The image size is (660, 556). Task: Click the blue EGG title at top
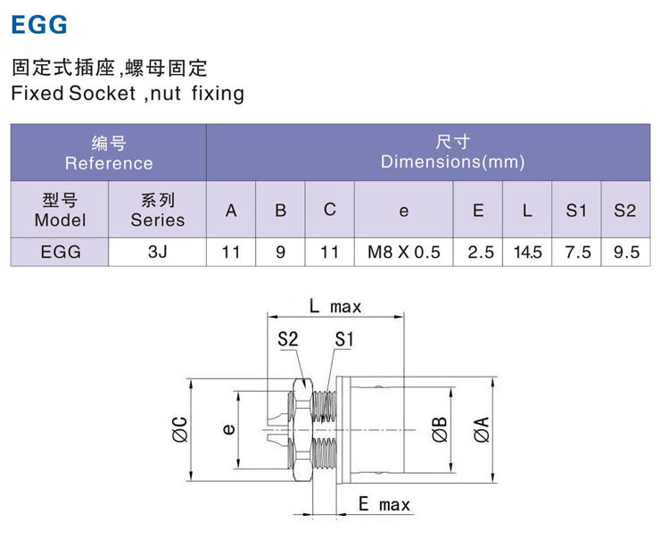pyautogui.click(x=39, y=25)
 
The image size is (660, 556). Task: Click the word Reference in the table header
pyautogui.click(x=109, y=162)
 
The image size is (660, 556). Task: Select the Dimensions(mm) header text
pyautogui.click(x=452, y=162)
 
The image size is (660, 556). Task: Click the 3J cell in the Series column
pyautogui.click(x=157, y=252)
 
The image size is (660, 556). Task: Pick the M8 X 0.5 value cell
pyautogui.click(x=403, y=252)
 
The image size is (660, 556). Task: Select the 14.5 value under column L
pyautogui.click(x=527, y=252)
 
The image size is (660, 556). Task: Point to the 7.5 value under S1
pyautogui.click(x=577, y=252)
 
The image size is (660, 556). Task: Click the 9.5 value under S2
pyautogui.click(x=626, y=252)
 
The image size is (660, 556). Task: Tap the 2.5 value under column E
pyautogui.click(x=478, y=252)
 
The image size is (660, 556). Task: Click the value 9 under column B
pyautogui.click(x=280, y=252)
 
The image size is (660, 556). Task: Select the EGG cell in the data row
pyautogui.click(x=60, y=252)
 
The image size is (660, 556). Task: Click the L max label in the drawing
pyautogui.click(x=335, y=306)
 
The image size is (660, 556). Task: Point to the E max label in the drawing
pyautogui.click(x=384, y=505)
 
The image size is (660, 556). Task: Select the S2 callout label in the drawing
pyautogui.click(x=287, y=338)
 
